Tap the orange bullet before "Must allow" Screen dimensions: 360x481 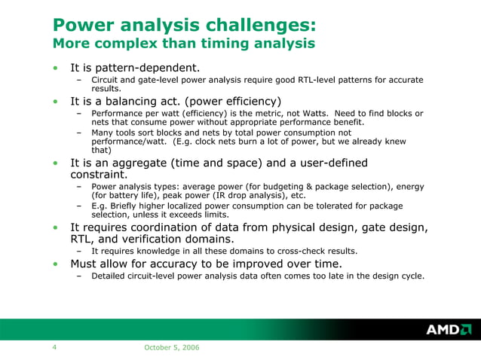pos(55,264)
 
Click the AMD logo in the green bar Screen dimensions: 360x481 pos(448,330)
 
